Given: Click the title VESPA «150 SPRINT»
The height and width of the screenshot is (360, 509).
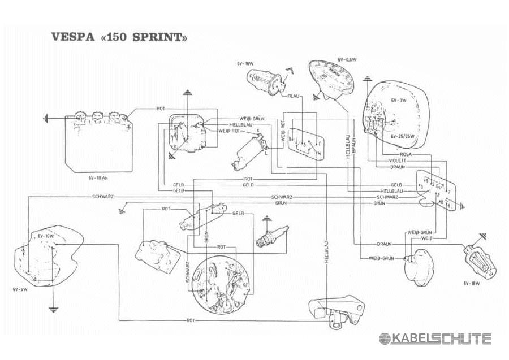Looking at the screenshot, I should click(119, 38).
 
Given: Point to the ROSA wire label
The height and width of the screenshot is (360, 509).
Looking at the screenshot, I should click(405, 153).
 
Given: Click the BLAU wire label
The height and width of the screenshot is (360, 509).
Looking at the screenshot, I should click(293, 96).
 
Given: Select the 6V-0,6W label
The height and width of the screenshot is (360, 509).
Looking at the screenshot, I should click(348, 59).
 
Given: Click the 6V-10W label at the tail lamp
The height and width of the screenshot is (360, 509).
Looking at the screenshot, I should click(45, 236).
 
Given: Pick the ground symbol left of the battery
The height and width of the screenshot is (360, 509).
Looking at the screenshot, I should click(46, 119).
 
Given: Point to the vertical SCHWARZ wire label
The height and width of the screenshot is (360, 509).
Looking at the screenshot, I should click(187, 274).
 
